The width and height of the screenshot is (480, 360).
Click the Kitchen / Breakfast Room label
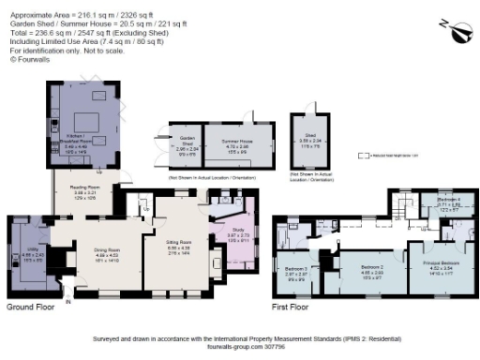[76, 141]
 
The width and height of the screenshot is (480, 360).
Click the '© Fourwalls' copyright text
[28, 58]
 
